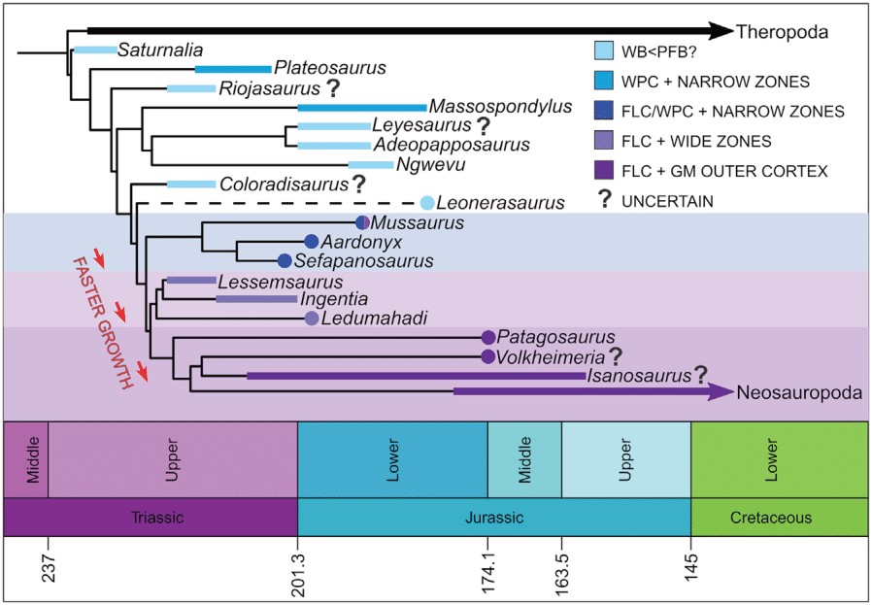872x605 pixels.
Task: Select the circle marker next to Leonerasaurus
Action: click(x=426, y=202)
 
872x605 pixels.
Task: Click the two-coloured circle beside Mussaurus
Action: click(x=362, y=222)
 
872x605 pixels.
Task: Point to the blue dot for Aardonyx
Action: click(x=312, y=241)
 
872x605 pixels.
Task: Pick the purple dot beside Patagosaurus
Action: click(x=488, y=337)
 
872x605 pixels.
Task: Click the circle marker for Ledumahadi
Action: click(x=312, y=318)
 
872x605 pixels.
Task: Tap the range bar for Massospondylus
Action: click(x=361, y=107)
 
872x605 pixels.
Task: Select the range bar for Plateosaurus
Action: click(x=232, y=68)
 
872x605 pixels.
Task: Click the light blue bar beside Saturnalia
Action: click(x=95, y=49)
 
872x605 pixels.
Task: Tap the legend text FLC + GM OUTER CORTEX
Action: click(x=713, y=171)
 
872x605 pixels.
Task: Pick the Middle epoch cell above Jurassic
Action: click(x=524, y=459)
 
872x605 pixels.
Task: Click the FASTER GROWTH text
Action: click(x=104, y=319)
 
